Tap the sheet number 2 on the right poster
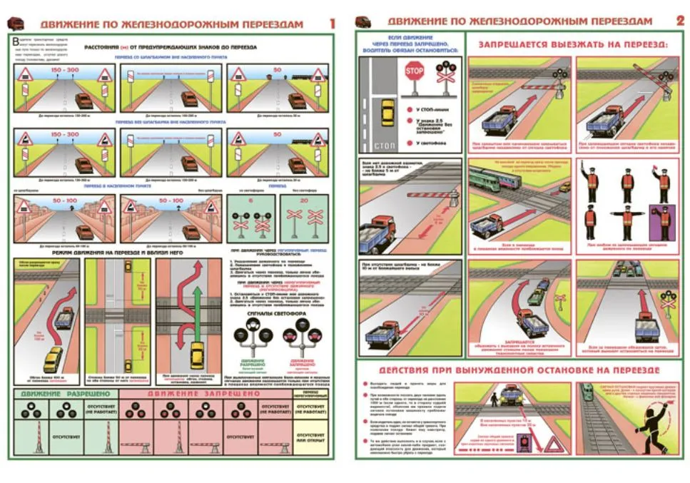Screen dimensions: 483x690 [680, 21]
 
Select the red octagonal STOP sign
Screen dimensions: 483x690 [414, 71]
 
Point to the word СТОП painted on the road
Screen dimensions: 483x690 [382, 146]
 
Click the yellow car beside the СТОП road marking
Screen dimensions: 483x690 [387, 112]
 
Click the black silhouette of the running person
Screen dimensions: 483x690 [646, 413]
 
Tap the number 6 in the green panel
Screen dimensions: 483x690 [251, 201]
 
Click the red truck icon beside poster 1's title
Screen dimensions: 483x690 [15, 23]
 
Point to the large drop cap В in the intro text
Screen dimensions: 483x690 [16, 43]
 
